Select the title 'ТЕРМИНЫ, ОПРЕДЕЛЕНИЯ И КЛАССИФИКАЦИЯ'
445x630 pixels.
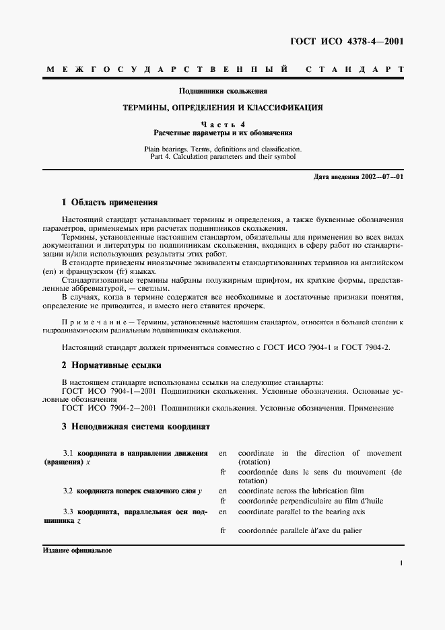[222, 107]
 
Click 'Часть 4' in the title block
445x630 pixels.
[222, 125]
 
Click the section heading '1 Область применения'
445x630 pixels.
[110, 202]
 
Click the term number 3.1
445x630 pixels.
[68, 453]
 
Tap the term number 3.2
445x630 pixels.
[68, 491]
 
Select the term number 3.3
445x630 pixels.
[68, 512]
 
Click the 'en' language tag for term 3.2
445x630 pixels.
[223, 491]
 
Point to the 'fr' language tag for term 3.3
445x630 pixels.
[223, 531]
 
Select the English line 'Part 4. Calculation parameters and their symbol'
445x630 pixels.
[222, 156]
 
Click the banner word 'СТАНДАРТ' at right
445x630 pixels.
[355, 70]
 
